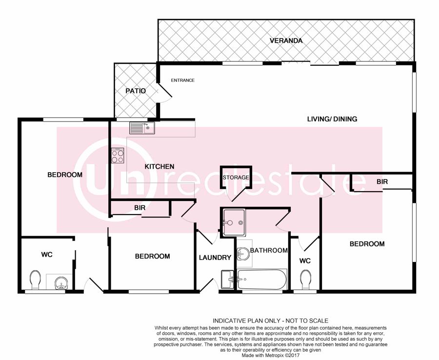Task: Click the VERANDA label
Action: coord(286,41)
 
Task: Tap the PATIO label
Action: coord(136,91)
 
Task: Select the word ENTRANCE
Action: coord(182,80)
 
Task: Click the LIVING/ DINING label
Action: coord(332,119)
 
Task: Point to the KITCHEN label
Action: coord(160,166)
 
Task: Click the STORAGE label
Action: coord(236,178)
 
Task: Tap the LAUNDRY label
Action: coord(215,258)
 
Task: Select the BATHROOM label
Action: coord(269,250)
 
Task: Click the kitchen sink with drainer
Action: coord(142,128)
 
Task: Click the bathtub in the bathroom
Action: coord(262,279)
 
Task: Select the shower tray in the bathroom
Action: coord(234,222)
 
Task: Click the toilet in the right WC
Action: coord(305,280)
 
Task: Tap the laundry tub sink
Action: coord(227,279)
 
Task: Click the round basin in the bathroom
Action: coord(243,254)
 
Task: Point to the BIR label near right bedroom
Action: coord(382,182)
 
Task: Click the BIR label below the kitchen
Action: coord(140,208)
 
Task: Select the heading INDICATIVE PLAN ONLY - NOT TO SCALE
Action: coord(270,321)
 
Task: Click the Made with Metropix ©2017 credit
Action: coord(270,355)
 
